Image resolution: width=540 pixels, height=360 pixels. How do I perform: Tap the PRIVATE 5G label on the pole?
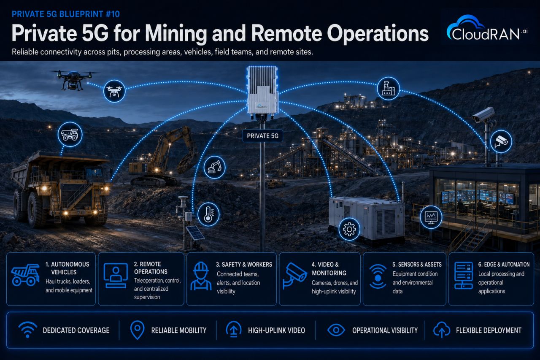(x=262, y=136)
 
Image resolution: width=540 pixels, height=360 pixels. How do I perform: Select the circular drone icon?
(x=114, y=91)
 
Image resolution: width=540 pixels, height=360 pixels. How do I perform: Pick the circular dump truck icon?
(x=70, y=134)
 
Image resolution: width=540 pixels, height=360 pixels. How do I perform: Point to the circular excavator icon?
(x=214, y=168)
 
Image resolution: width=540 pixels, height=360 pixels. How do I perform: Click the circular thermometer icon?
(x=208, y=214)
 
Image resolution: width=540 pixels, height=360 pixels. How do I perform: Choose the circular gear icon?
(x=349, y=229)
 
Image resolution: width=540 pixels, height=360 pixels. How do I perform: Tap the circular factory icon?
(x=389, y=89)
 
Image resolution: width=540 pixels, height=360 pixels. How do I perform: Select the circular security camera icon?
(x=501, y=141)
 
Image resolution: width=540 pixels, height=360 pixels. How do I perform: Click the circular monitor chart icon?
(x=431, y=217)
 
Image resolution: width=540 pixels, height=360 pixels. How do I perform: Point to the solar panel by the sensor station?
(x=195, y=233)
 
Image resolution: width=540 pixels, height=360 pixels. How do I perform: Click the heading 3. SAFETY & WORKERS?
(x=244, y=265)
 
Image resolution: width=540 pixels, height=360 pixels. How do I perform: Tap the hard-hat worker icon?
(x=201, y=276)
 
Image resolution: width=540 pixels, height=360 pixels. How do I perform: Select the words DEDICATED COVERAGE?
(x=76, y=330)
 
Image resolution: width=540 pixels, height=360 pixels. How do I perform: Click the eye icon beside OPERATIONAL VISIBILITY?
(x=336, y=330)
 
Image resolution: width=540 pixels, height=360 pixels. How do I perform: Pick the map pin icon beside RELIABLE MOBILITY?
(x=137, y=330)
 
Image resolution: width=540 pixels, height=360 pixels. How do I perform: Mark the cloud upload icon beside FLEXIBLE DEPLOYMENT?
(x=442, y=330)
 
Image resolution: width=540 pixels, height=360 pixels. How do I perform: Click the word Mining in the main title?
(x=176, y=34)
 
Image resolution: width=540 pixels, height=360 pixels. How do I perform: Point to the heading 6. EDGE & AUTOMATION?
(x=504, y=265)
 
